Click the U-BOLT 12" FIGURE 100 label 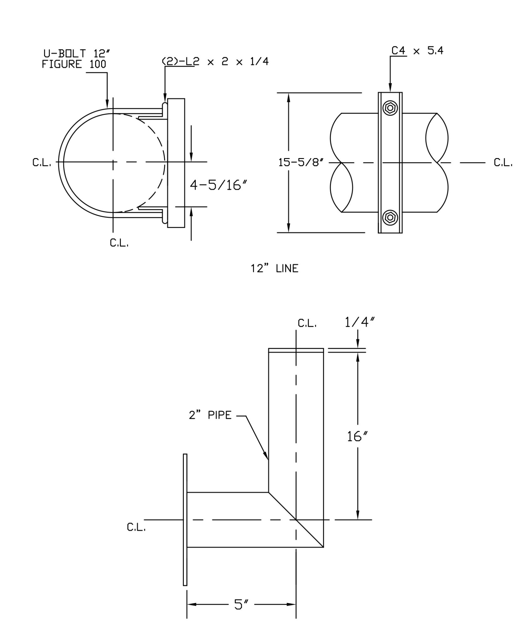(74, 59)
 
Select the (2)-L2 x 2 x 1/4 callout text (215, 62)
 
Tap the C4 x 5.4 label (417, 51)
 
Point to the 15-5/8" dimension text (301, 163)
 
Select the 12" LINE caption (274, 269)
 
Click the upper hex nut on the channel (390, 108)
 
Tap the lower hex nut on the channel (390, 217)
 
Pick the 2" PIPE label (210, 415)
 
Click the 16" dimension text (357, 436)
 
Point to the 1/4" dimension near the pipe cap (360, 322)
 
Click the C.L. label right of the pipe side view (503, 163)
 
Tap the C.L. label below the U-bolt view (119, 243)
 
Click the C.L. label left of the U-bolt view (42, 162)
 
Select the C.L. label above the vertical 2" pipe (307, 324)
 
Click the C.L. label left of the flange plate (136, 527)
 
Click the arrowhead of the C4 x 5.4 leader (390, 90)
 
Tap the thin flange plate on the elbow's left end (185, 520)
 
